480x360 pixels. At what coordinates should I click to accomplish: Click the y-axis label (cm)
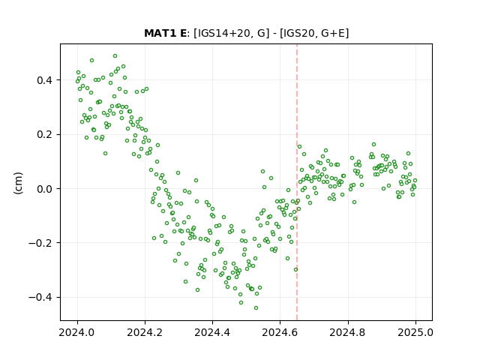18,183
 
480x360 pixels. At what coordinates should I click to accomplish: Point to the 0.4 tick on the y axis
44,80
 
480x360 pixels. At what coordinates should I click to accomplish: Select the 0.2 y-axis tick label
44,134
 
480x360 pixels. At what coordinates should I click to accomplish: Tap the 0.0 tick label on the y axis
44,189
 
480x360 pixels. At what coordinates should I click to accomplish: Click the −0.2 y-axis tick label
40,243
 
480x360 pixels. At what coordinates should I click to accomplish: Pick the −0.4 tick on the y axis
40,297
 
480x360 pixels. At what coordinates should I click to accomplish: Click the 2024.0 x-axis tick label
77,332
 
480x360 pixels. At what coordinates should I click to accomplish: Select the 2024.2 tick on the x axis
145,332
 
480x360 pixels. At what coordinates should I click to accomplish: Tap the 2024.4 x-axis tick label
212,332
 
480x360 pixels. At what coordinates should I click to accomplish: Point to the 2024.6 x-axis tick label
280,332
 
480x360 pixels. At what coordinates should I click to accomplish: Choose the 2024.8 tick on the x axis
347,332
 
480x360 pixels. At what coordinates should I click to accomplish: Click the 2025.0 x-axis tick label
415,332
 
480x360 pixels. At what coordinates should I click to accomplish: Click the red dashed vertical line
297,182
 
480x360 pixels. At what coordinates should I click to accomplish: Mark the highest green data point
115,56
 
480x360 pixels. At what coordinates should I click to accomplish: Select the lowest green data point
256,307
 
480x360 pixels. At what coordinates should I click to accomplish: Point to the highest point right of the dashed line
373,145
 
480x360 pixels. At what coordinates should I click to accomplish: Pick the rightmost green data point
415,181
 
